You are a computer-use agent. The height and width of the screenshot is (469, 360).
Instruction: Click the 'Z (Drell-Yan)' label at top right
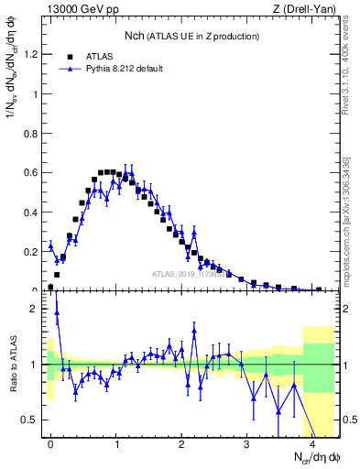(x=309, y=9)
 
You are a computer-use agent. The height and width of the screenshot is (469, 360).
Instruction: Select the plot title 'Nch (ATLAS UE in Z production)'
(x=192, y=36)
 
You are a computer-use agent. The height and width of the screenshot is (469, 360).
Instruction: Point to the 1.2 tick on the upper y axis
(x=32, y=54)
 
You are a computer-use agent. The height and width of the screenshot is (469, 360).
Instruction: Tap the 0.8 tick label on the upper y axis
(x=32, y=133)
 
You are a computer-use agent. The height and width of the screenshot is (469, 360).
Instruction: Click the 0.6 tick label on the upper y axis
(x=32, y=172)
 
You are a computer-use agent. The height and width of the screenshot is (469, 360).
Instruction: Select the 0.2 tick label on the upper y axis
(x=32, y=250)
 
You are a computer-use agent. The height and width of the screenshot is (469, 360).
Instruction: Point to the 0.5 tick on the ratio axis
(x=33, y=420)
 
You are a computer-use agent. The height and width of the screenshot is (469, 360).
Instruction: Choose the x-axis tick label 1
(x=116, y=442)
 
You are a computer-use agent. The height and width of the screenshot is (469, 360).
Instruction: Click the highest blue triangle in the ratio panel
(x=57, y=312)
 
